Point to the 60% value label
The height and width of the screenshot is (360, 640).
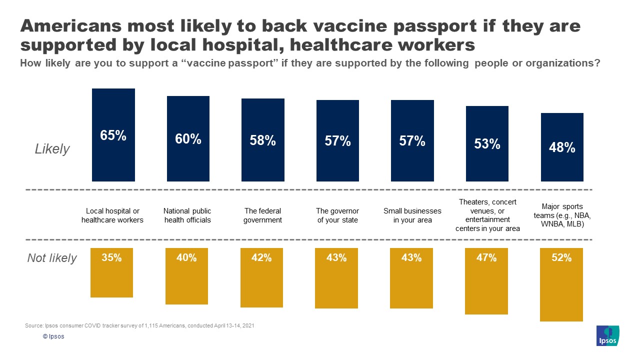pos(188,139)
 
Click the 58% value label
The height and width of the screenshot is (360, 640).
pos(263,140)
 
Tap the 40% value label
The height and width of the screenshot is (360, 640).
pos(186,258)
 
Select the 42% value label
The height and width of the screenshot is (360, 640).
pos(261,258)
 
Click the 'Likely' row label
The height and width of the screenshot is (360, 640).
pos(52,149)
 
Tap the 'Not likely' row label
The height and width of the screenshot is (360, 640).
pos(52,258)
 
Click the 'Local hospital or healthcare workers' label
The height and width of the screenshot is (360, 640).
pos(112,215)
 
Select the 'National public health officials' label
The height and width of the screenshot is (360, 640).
pos(187,215)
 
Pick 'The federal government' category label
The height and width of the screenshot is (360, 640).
pos(262,215)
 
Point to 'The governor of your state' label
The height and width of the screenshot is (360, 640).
pos(337,215)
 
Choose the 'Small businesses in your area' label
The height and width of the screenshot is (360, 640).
pos(412,215)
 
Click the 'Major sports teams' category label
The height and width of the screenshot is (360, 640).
pos(562,215)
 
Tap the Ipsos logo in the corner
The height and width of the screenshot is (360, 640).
pos(607,335)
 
